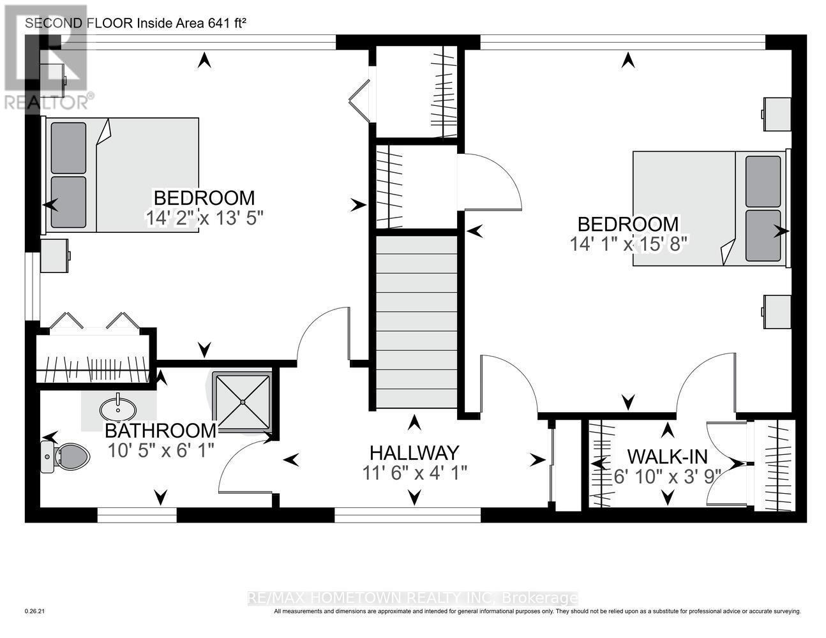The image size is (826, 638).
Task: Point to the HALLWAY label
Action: (x=414, y=452)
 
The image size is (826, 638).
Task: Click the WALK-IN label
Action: (x=667, y=456)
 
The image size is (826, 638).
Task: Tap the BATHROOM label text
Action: (x=160, y=430)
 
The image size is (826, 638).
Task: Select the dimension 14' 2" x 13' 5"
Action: (x=204, y=218)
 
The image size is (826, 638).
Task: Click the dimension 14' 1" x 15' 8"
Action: (x=628, y=244)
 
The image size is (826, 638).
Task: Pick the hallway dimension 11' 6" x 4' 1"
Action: (x=414, y=473)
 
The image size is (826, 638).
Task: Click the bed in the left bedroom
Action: (x=121, y=175)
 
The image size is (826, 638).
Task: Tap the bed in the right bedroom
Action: (x=709, y=208)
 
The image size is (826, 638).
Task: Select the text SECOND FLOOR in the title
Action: (x=78, y=24)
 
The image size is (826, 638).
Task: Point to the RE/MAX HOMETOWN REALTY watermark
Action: (x=412, y=598)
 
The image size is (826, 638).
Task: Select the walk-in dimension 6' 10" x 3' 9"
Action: (x=667, y=476)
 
